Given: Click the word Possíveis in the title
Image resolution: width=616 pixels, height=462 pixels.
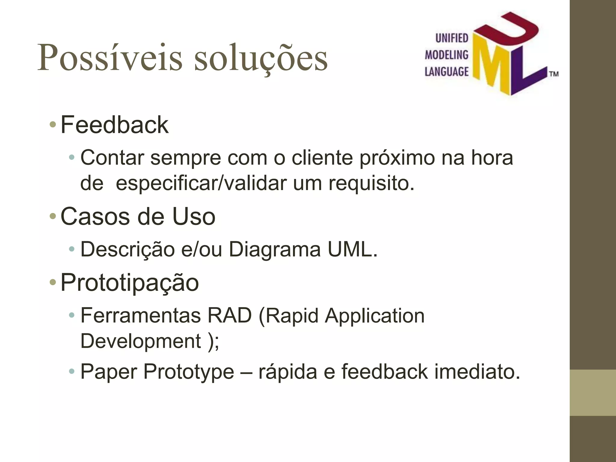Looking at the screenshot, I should click(109, 58).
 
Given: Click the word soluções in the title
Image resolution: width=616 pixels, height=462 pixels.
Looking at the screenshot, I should click(261, 58).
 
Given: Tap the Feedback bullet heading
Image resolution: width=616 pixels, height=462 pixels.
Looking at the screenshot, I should click(114, 125).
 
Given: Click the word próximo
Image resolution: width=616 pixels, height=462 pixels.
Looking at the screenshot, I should click(397, 158).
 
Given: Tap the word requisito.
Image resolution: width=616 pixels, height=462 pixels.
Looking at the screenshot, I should click(371, 183).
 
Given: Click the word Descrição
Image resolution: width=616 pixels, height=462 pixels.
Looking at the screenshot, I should click(128, 250).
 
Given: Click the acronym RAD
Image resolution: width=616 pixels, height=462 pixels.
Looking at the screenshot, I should click(229, 316).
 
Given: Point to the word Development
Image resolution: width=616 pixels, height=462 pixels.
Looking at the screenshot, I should click(141, 341).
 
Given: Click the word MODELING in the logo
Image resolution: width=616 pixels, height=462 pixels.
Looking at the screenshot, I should click(446, 55).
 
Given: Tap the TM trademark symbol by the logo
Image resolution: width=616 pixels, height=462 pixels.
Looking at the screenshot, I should click(554, 74).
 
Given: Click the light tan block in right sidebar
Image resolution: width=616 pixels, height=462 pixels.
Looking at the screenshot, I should click(593, 393).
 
